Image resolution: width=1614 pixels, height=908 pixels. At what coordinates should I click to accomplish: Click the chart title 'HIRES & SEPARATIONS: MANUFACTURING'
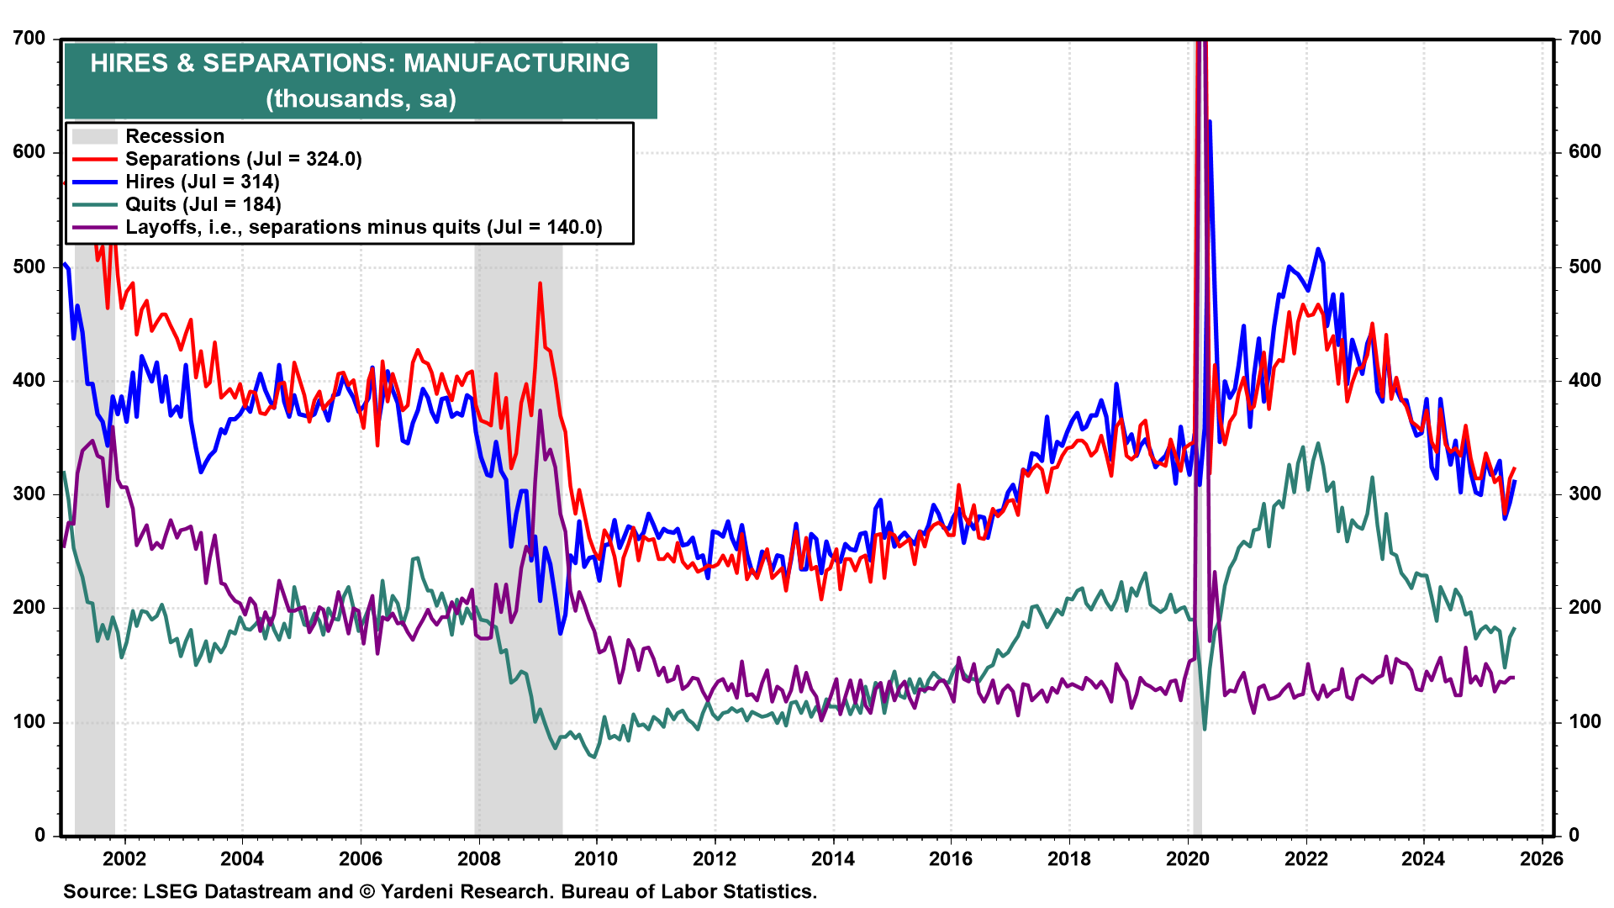point(360,63)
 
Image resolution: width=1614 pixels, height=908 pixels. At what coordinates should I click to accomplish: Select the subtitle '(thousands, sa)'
point(361,98)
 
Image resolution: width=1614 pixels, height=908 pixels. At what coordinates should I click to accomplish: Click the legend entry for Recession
point(175,136)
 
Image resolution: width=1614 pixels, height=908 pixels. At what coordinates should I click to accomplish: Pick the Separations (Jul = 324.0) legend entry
point(243,159)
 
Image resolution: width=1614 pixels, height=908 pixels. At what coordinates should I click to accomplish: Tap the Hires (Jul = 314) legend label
point(202,182)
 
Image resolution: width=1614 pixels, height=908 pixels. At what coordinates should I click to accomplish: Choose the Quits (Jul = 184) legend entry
point(203,204)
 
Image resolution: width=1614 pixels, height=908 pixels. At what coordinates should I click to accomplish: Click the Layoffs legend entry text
point(363,227)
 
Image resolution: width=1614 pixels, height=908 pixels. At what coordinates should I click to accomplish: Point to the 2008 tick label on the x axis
point(478,858)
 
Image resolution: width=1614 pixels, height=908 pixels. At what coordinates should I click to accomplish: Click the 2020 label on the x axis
point(1188,858)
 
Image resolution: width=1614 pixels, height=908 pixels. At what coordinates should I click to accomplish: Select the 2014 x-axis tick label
point(833,858)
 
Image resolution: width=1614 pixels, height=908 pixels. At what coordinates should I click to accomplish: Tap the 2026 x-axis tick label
point(1543,858)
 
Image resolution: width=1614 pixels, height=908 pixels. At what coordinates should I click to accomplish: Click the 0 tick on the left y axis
point(40,835)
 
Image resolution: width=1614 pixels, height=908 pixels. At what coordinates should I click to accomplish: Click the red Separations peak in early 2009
point(540,283)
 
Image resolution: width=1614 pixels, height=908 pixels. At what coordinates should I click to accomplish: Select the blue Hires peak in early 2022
point(1317,249)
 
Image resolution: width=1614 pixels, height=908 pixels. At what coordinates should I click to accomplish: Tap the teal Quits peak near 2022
point(1317,443)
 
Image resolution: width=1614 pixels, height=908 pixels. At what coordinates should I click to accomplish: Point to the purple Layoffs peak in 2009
point(540,410)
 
